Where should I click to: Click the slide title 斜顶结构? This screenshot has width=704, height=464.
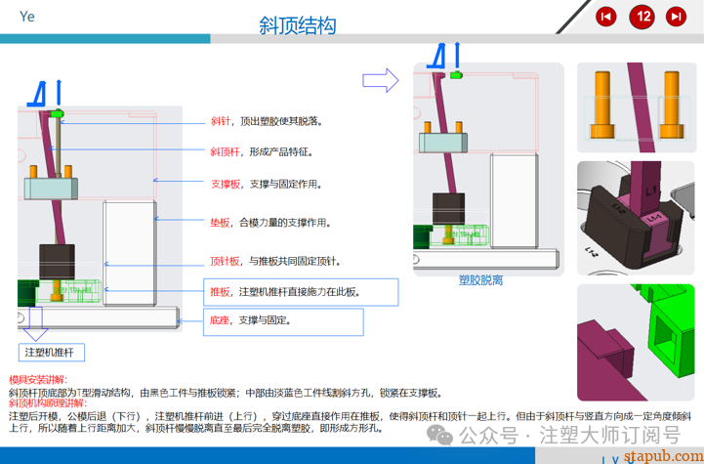coord(297,24)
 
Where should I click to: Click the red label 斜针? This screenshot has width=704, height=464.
coord(221,122)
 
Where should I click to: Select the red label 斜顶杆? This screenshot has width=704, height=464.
coord(225,151)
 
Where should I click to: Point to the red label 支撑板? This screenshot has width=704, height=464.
coord(225,183)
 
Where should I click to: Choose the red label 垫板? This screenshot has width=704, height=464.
coord(221,223)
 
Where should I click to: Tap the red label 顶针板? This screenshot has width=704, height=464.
coord(225,261)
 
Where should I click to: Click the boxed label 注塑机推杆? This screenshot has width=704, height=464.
coord(55,352)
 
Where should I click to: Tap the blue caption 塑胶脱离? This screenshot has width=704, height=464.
coord(480,280)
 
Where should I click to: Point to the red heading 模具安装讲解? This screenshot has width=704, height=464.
coord(38,379)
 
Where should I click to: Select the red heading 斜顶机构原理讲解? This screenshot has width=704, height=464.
coord(48,402)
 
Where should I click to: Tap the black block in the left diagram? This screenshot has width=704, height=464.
coord(57,262)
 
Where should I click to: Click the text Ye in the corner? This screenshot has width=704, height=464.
coord(27,17)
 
